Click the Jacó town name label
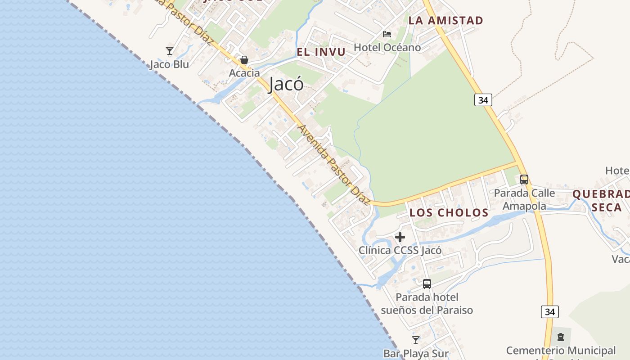[286, 84]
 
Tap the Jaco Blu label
[169, 64]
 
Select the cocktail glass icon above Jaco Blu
[170, 50]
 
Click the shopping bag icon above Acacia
[244, 60]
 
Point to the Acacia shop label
[244, 73]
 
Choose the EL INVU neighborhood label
[321, 52]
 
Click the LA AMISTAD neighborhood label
[445, 20]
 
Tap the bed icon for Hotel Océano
[387, 34]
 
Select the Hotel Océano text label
[387, 47]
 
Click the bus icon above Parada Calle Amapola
[524, 179]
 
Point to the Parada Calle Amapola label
[524, 199]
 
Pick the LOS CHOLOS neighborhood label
[449, 213]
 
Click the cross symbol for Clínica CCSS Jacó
[400, 237]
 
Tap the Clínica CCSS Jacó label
[400, 250]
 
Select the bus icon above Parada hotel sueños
[427, 284]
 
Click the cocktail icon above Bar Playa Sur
[416, 340]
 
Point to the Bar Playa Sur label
[416, 354]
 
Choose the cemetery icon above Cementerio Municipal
[561, 337]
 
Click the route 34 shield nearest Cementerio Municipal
[549, 312]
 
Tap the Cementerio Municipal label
[561, 351]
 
